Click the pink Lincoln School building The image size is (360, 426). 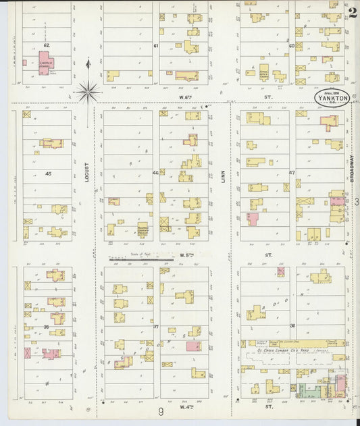click(x=45, y=63)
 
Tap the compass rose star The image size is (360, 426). click(x=88, y=90)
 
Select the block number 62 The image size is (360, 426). click(x=47, y=45)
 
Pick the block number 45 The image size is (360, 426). click(x=48, y=174)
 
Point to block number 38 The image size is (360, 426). click(x=47, y=327)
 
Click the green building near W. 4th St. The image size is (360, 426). click(x=311, y=389)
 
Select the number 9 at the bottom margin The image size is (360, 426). click(x=161, y=411)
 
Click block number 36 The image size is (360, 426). click(x=292, y=326)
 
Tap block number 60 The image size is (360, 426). click(x=292, y=46)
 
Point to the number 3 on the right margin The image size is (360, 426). click(x=355, y=202)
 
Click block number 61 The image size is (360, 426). click(x=155, y=46)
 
